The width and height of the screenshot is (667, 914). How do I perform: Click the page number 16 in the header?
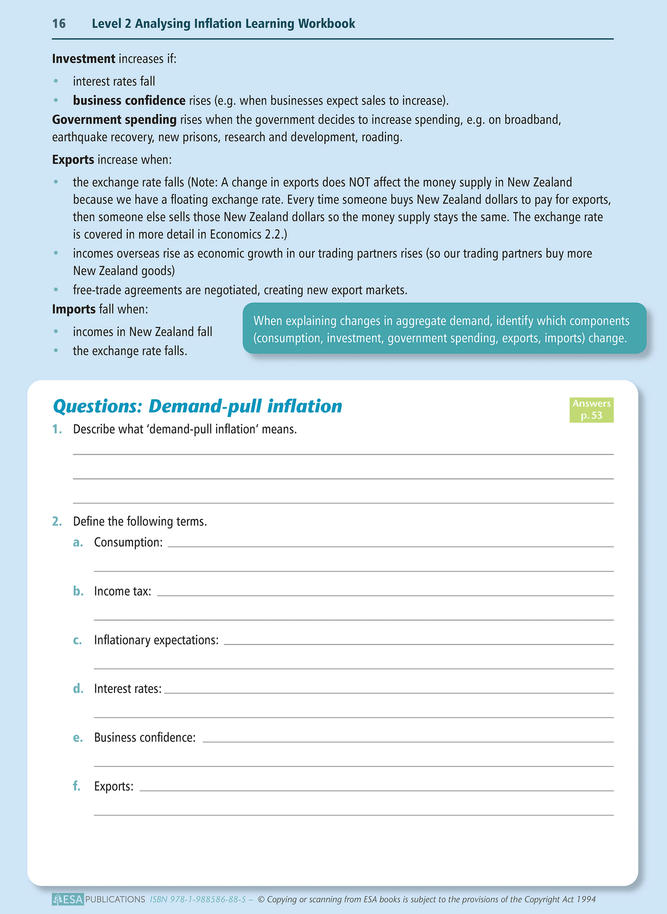pos(59,24)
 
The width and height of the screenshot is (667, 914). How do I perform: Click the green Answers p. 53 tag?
pos(591,410)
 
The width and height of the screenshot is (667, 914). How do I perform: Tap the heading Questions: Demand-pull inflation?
pos(198,406)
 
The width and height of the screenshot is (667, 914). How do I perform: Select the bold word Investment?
pos(84,59)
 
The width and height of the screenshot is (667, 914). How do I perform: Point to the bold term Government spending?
pos(114,120)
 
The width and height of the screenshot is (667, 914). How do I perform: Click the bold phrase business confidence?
pos(129,100)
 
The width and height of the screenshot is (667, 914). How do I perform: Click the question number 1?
pos(57,429)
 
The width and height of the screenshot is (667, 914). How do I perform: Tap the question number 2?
pos(57,522)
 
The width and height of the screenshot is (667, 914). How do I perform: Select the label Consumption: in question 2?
pos(128,542)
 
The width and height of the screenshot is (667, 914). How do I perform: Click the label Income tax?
pos(122,591)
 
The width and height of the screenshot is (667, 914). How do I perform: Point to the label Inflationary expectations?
pos(156,640)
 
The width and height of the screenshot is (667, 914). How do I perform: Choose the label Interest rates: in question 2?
pos(128,689)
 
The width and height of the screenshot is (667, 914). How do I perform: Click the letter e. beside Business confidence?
pos(78,737)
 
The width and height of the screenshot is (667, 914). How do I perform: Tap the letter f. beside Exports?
pos(77,786)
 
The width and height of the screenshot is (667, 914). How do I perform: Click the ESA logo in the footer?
pos(68,899)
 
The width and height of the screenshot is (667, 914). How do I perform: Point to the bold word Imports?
pos(74,309)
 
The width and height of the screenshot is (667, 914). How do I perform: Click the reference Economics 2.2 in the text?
pos(247,234)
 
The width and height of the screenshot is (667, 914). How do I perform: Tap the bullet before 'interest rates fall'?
pos(56,81)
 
